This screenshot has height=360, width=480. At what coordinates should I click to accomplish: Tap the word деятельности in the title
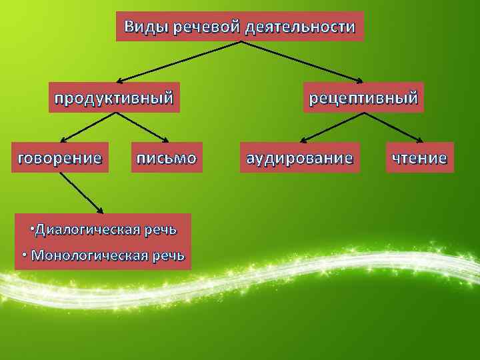point(300,27)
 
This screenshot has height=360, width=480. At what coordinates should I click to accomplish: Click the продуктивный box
point(114,99)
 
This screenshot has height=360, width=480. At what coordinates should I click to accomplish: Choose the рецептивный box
point(363,99)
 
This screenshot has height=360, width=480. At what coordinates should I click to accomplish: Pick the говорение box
point(59,158)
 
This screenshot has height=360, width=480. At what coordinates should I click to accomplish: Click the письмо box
point(166,158)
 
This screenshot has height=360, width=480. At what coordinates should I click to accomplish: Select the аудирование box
point(299,158)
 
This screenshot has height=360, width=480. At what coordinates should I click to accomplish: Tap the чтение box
point(419,158)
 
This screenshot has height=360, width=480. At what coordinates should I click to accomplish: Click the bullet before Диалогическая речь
point(32,229)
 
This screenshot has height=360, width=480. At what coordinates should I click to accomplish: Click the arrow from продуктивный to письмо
point(141,127)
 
